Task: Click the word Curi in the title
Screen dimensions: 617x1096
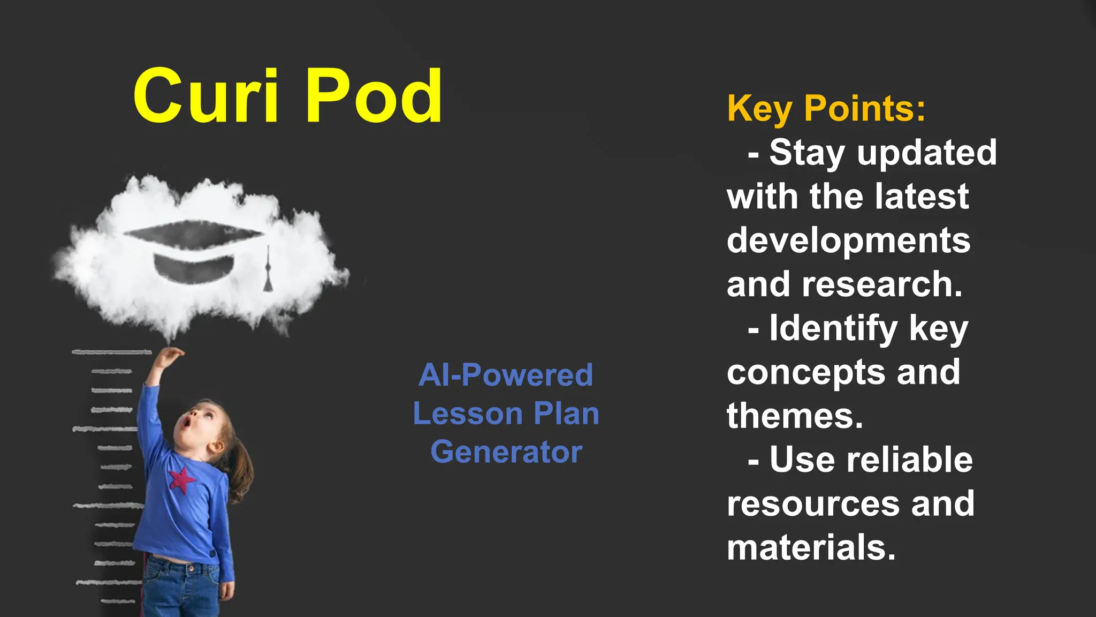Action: pyautogui.click(x=206, y=96)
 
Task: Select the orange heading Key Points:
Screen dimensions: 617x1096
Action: pyautogui.click(x=826, y=109)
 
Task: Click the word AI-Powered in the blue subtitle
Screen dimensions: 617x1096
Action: pyautogui.click(x=506, y=375)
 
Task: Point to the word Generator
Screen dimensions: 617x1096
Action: pyautogui.click(x=506, y=452)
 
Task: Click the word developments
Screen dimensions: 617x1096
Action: pyautogui.click(x=848, y=241)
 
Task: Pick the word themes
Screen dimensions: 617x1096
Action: pyautogui.click(x=795, y=416)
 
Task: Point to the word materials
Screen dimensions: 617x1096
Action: pyautogui.click(x=811, y=548)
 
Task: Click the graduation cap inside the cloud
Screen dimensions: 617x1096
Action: pyautogui.click(x=194, y=249)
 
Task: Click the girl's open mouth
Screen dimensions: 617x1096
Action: pyautogui.click(x=186, y=424)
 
